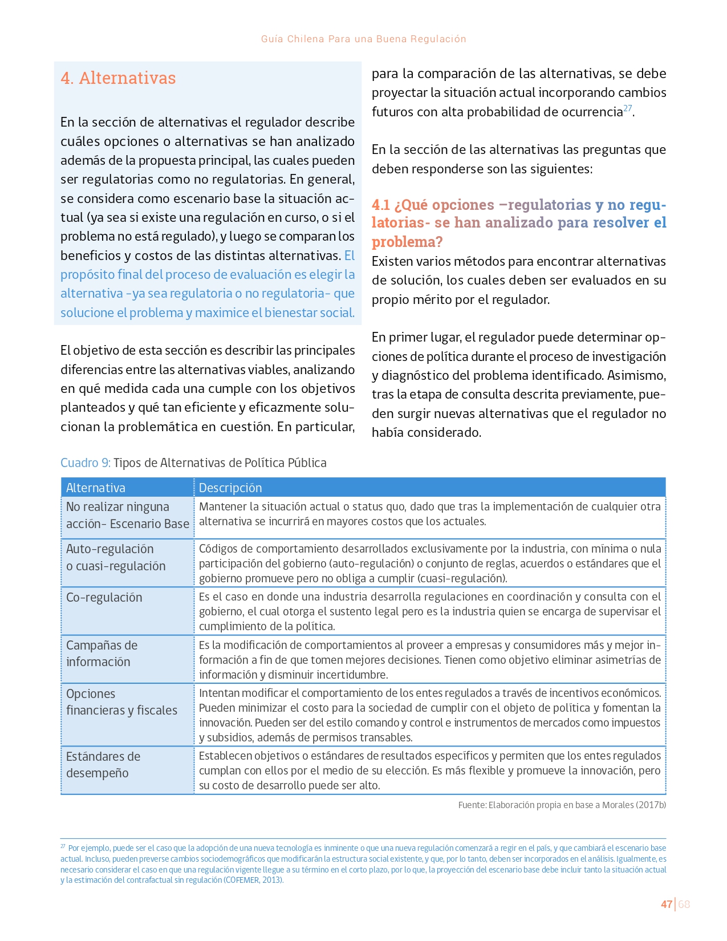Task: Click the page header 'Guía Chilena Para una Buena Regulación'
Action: point(363,39)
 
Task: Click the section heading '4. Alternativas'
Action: point(118,78)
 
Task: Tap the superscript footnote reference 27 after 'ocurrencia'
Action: point(627,108)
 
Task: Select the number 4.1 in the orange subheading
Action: point(380,205)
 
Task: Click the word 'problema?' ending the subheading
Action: point(407,242)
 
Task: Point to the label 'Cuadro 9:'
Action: point(86,463)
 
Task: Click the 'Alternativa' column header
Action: point(96,488)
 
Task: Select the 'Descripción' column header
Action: point(230,488)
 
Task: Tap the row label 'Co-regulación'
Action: point(104,597)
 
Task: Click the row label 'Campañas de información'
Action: point(101,654)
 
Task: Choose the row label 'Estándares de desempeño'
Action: point(103,765)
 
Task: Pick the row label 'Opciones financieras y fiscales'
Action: point(121,702)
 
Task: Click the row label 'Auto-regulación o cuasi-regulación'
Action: point(116,557)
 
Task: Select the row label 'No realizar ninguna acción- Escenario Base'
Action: point(127,515)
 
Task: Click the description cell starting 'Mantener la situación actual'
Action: point(429,514)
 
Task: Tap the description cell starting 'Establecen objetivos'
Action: point(429,770)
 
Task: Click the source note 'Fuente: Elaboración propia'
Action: point(562,805)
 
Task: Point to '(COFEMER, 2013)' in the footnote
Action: point(253,879)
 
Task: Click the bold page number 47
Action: point(666,904)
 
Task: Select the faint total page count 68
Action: point(684,904)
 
